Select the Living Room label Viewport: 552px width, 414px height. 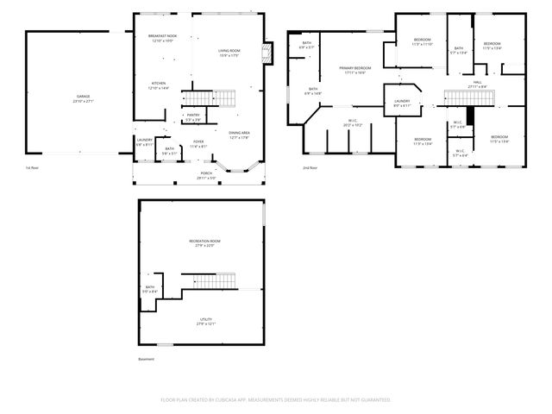tap(228, 53)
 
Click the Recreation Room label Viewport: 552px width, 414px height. tap(200, 241)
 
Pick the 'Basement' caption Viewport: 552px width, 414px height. tap(147, 358)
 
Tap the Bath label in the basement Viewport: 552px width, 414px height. tap(149, 289)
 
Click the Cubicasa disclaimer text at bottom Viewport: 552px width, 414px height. tap(275, 399)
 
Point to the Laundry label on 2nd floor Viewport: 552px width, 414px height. tap(402, 103)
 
